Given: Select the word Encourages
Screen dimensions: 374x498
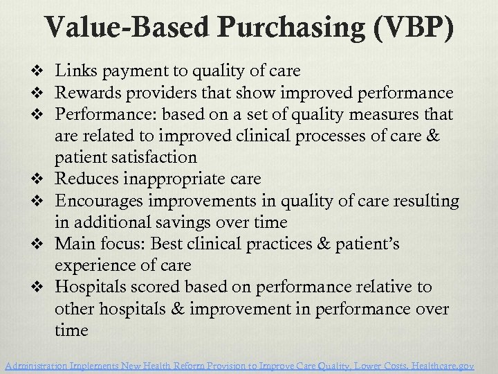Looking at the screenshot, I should tap(101, 200).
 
